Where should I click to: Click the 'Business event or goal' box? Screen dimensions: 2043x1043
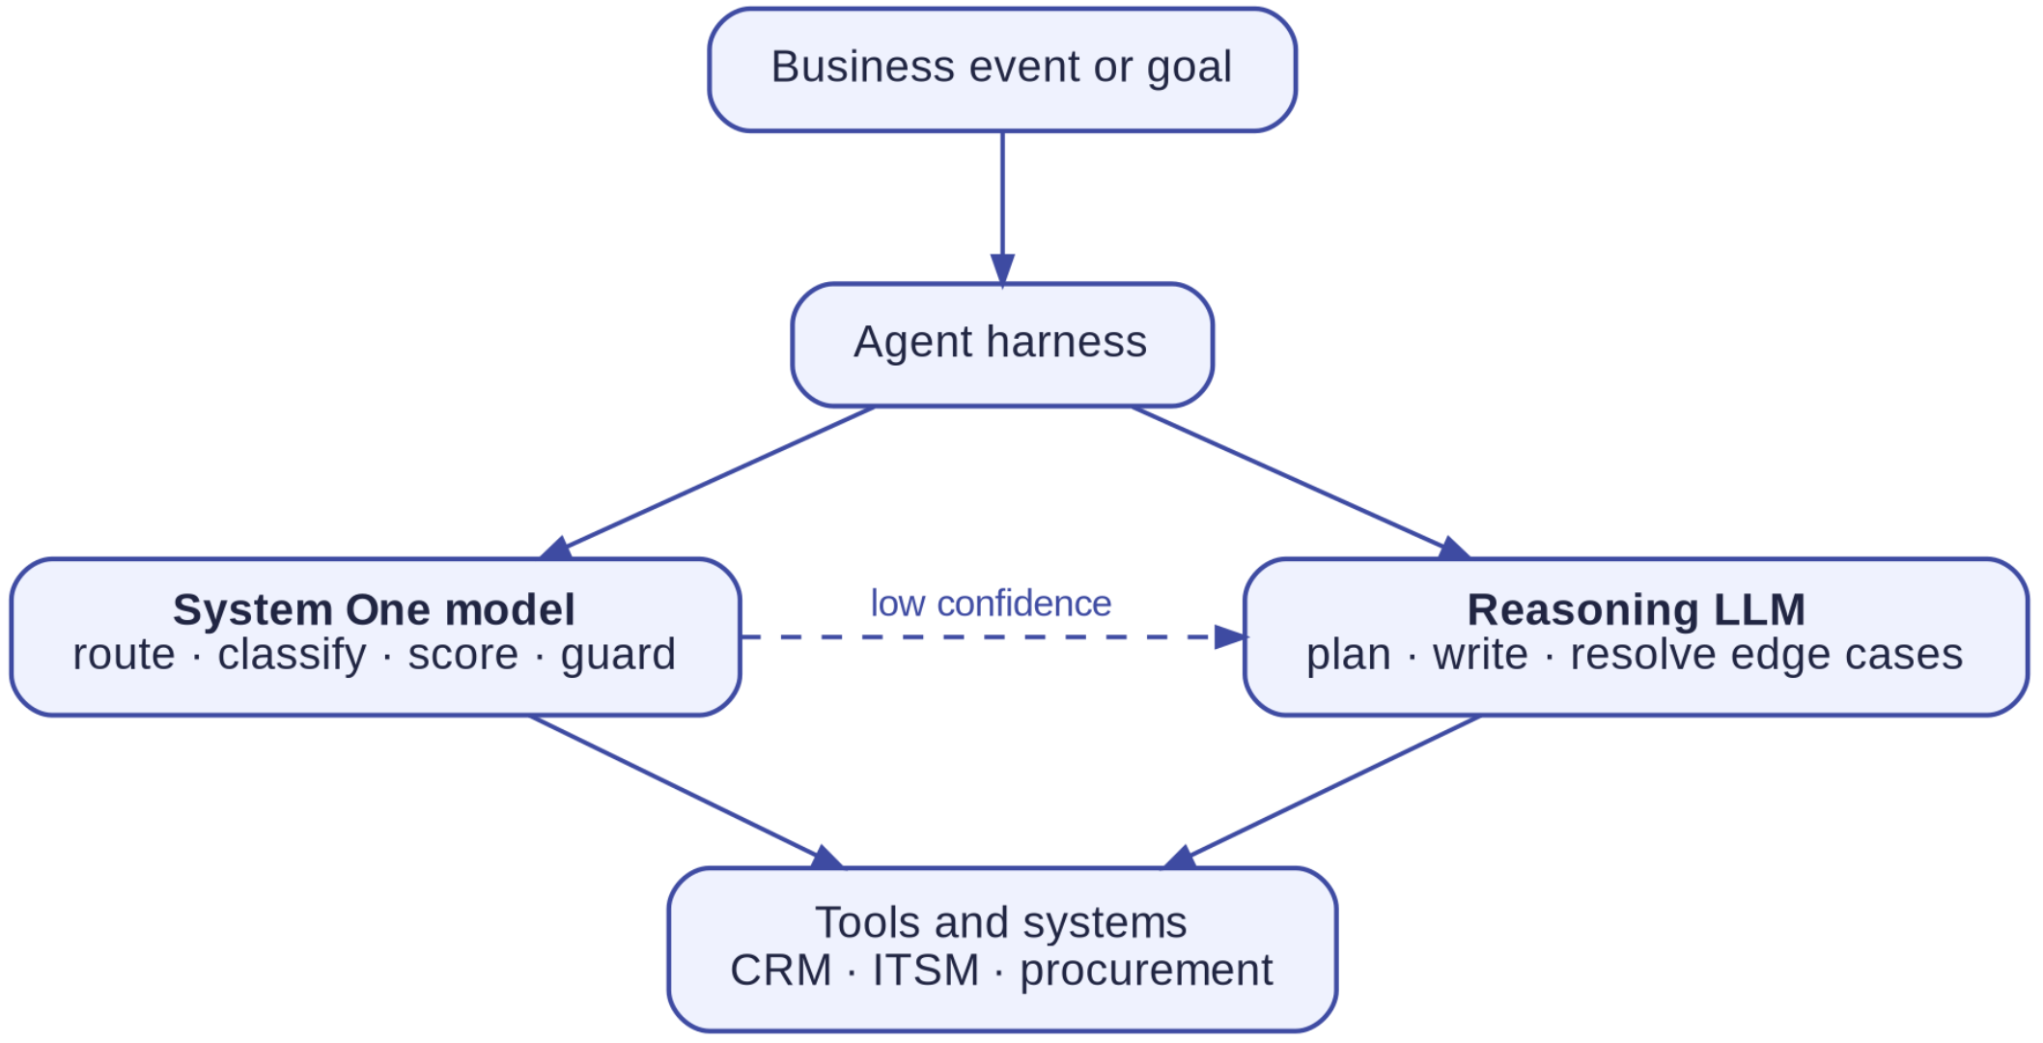(x=1002, y=70)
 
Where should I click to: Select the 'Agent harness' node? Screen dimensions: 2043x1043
(x=1002, y=345)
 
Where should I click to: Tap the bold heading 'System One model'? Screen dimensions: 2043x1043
(x=374, y=610)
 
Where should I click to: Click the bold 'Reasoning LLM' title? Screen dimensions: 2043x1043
(x=1636, y=610)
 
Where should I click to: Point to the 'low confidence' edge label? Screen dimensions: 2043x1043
(x=991, y=604)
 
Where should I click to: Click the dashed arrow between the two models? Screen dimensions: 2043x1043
(x=994, y=637)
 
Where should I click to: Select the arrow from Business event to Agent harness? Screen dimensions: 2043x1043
(x=1002, y=209)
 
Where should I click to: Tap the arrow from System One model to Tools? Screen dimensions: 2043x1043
(x=686, y=792)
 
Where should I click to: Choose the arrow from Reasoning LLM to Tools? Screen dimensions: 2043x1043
(x=1322, y=792)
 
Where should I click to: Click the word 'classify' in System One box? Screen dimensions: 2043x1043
(x=292, y=656)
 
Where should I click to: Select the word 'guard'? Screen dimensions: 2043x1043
(x=618, y=656)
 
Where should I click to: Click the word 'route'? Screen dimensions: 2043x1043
(x=125, y=656)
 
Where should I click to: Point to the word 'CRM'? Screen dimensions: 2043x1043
(x=781, y=971)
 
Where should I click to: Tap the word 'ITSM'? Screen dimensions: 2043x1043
(x=926, y=971)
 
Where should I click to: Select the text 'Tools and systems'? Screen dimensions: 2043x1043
(x=1001, y=922)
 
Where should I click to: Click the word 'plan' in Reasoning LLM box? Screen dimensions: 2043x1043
(x=1349, y=656)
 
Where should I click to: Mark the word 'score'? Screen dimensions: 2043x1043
(x=462, y=656)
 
